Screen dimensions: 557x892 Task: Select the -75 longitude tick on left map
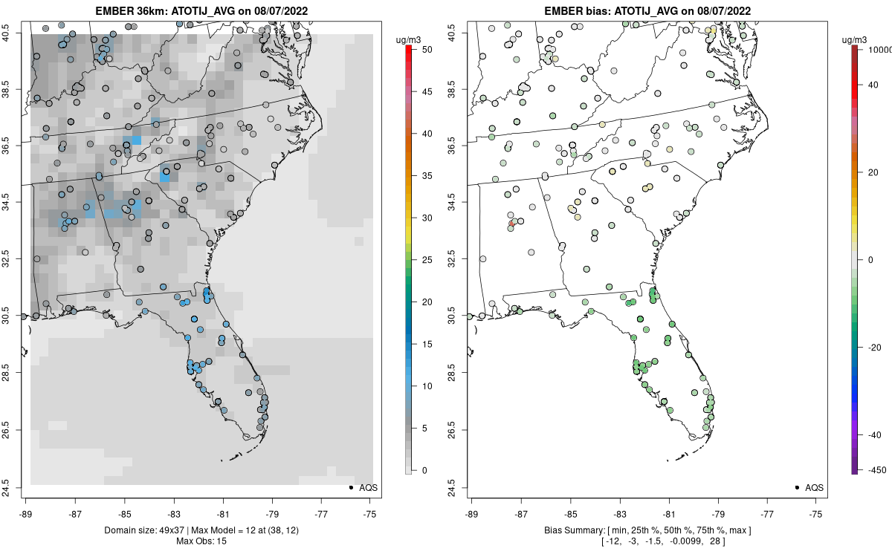370,512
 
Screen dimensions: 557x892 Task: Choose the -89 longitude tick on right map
472,512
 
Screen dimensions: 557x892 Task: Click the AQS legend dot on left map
350,487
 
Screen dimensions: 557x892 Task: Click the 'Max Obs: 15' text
201,541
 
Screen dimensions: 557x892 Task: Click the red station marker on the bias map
511,223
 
